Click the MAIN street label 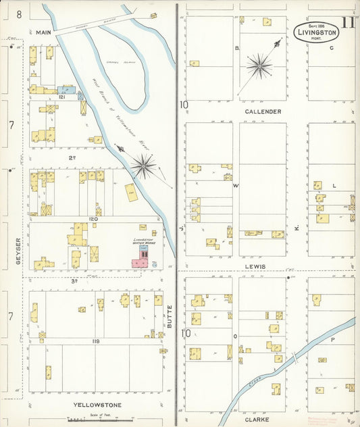click(x=43, y=32)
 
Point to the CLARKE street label click(x=268, y=418)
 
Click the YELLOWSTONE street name click(x=93, y=405)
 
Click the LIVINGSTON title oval click(x=315, y=30)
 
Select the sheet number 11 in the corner click(x=349, y=22)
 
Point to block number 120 click(x=93, y=220)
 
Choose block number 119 click(x=96, y=342)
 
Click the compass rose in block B click(x=260, y=66)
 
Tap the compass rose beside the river click(x=143, y=165)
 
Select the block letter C click(x=332, y=49)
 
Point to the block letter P click(x=332, y=340)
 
